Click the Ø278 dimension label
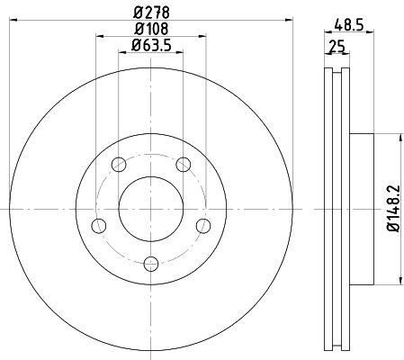tap(151, 12)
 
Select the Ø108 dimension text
tap(151, 31)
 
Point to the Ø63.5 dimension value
tap(151, 47)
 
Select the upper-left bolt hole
tap(119, 165)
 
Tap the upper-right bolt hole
tap(184, 164)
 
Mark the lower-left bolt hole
tap(100, 224)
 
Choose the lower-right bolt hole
tap(203, 224)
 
